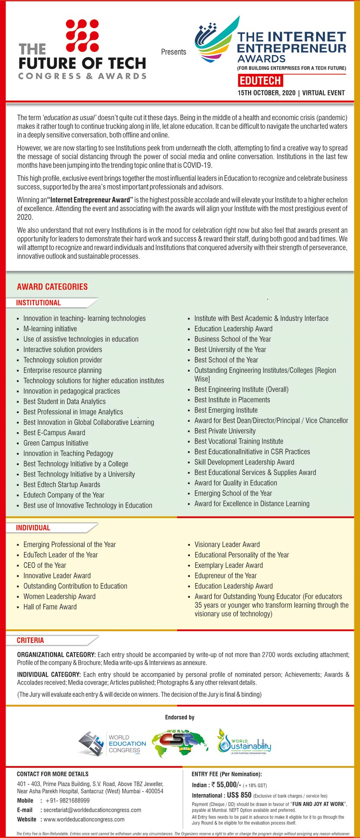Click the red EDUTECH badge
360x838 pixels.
click(x=260, y=80)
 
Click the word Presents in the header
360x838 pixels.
click(x=173, y=52)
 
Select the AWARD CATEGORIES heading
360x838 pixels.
click(x=52, y=287)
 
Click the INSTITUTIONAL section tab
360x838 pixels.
click(x=39, y=303)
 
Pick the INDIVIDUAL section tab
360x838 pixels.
click(x=33, y=528)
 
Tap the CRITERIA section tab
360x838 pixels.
click(x=30, y=640)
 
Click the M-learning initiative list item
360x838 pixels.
click(x=50, y=329)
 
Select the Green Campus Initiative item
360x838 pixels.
click(x=56, y=443)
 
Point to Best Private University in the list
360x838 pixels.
click(x=225, y=431)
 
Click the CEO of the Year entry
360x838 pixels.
click(x=45, y=565)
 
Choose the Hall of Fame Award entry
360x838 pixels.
click(x=50, y=607)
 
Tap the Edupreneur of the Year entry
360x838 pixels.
click(x=226, y=576)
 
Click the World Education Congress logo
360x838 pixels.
click(x=112, y=743)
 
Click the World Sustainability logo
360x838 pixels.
click(x=244, y=742)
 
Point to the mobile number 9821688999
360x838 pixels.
click(x=67, y=800)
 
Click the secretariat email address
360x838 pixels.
click(x=92, y=810)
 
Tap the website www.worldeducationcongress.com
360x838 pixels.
click(x=84, y=819)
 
